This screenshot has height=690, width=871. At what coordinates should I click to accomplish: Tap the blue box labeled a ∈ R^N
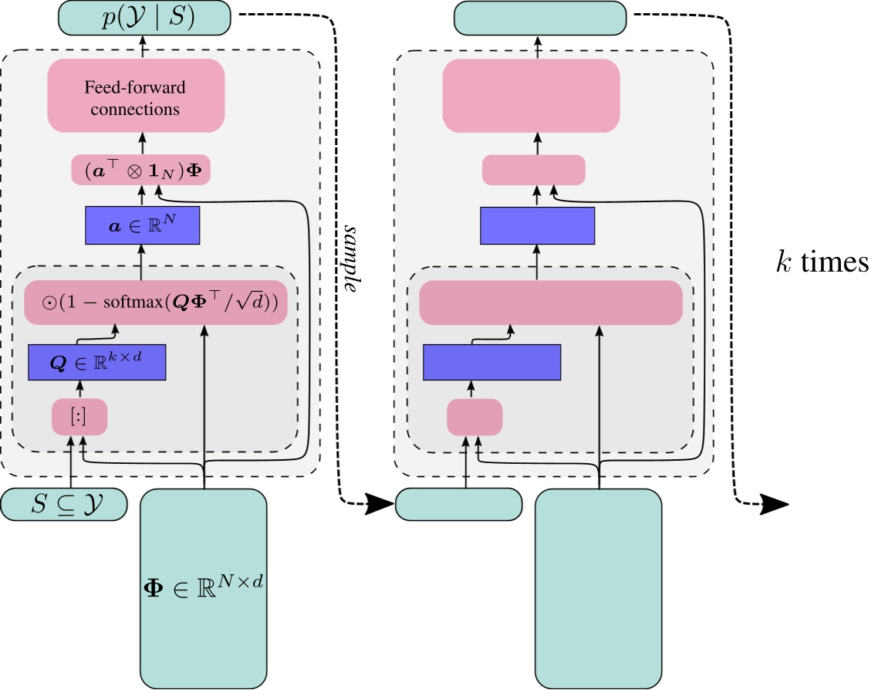click(142, 225)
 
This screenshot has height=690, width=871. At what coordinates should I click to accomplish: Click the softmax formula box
click(156, 302)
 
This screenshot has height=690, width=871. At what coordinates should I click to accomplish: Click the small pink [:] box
click(79, 418)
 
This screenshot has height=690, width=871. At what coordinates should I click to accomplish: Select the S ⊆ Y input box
click(63, 505)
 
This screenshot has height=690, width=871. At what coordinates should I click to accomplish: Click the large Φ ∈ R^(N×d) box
click(204, 588)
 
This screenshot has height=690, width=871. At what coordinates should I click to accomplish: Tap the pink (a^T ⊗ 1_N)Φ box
click(141, 170)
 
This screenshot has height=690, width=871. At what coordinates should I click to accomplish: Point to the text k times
click(821, 263)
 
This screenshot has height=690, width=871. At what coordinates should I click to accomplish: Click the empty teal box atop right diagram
click(539, 17)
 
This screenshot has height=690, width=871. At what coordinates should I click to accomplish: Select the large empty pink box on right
click(531, 95)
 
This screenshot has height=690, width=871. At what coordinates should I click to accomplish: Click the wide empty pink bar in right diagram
click(550, 302)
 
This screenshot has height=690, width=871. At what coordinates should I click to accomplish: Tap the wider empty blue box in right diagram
click(491, 362)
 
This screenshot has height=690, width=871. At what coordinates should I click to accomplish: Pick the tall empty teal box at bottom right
click(599, 588)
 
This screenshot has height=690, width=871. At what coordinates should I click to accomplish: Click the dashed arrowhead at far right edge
click(776, 505)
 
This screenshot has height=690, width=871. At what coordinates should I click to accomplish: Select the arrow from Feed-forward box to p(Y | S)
click(142, 47)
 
